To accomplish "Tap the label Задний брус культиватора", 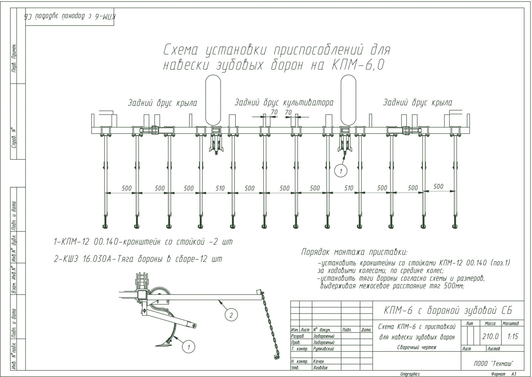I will [x=284, y=102].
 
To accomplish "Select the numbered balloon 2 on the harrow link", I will [x=231, y=314].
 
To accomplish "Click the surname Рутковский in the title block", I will [x=324, y=349].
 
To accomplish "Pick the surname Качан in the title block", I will [x=319, y=361].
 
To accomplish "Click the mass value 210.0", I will [x=490, y=336].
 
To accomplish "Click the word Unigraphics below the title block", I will [x=410, y=374].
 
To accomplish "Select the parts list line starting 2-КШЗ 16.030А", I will [x=138, y=259].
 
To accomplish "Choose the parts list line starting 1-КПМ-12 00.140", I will [x=143, y=242].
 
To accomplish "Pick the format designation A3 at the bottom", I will [x=513, y=374].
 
